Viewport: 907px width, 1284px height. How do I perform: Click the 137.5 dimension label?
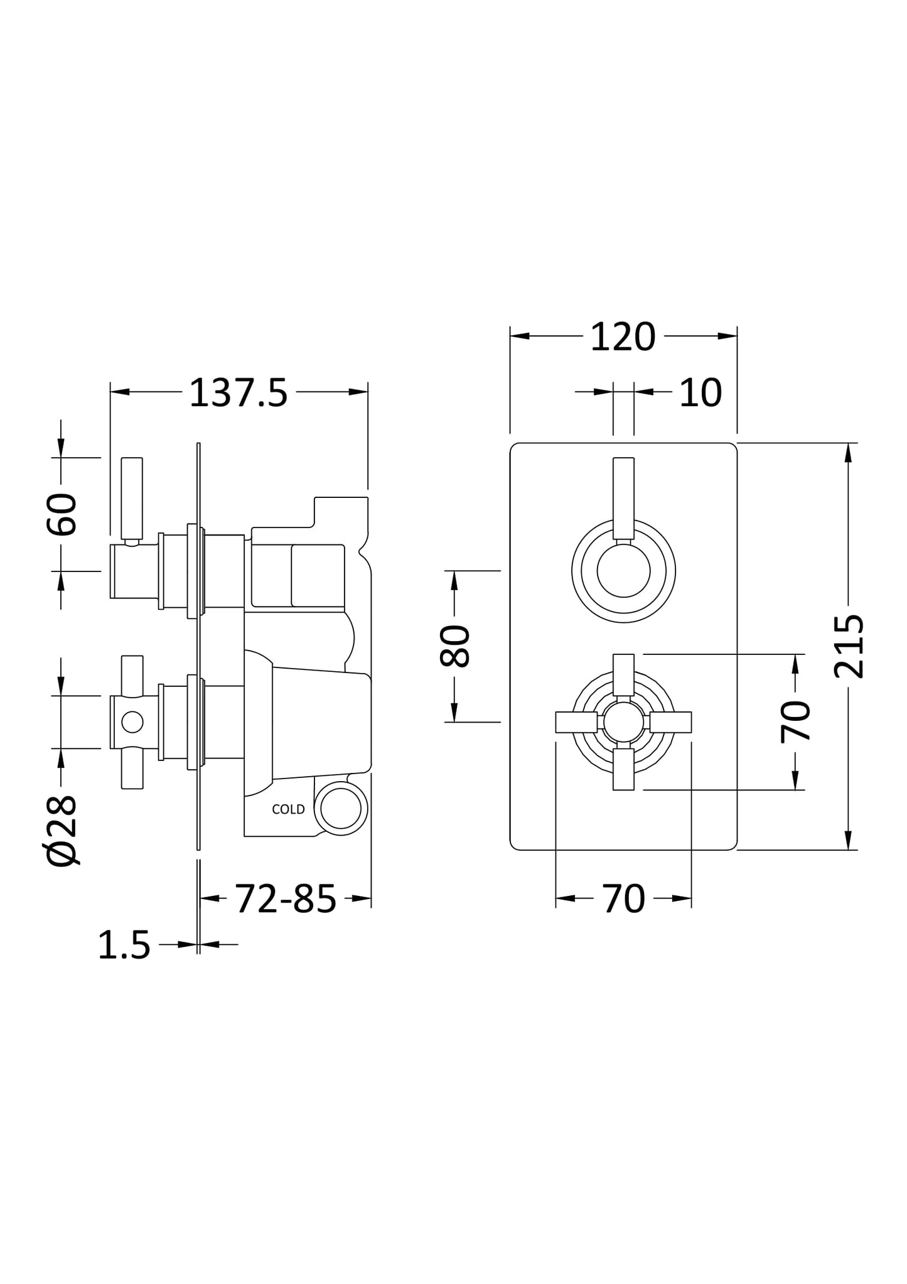pyautogui.click(x=238, y=394)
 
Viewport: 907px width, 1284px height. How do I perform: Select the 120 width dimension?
pyautogui.click(x=623, y=338)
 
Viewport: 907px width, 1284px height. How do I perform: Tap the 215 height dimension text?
pyautogui.click(x=849, y=646)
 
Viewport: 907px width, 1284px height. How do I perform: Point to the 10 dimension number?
pyautogui.click(x=700, y=394)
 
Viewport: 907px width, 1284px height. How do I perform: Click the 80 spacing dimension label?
pyautogui.click(x=454, y=646)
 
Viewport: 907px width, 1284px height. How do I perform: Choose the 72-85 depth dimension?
pyautogui.click(x=286, y=899)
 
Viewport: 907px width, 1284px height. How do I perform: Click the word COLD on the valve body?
pyautogui.click(x=288, y=809)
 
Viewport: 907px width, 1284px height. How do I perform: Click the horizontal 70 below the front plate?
pyautogui.click(x=623, y=899)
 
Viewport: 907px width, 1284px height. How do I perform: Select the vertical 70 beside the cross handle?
pyautogui.click(x=795, y=721)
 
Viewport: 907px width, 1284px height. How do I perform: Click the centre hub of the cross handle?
pyautogui.click(x=623, y=722)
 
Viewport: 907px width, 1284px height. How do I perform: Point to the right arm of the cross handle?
pyautogui.click(x=670, y=722)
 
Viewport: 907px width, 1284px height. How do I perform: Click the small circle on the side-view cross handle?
pyautogui.click(x=132, y=722)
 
